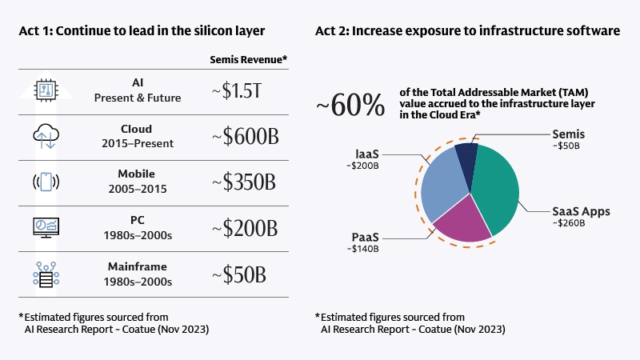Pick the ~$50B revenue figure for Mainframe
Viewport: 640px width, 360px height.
tap(238, 274)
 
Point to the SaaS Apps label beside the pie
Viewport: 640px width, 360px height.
tap(582, 211)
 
